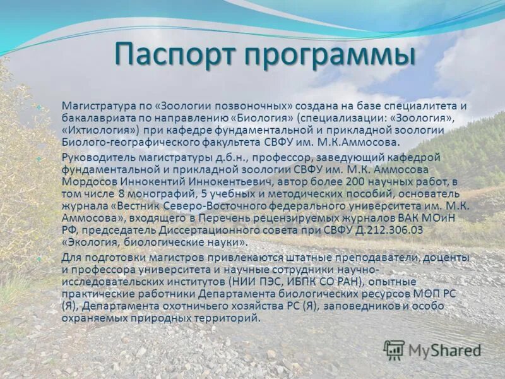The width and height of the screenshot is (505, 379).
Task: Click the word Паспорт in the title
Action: (x=173, y=56)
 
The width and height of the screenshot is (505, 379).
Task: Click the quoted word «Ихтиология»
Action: (x=98, y=129)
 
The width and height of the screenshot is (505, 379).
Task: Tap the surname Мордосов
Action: (x=88, y=181)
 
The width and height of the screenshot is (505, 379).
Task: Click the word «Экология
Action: (x=88, y=241)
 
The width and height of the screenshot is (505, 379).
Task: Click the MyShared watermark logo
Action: (x=432, y=350)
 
